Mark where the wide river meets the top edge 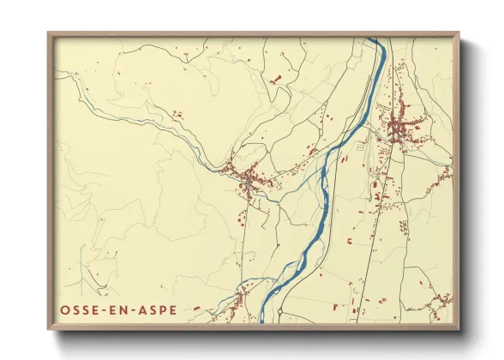click(x=375, y=39)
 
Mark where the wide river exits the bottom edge click(x=263, y=321)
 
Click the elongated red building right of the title click(x=196, y=308)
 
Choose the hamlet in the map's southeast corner click(x=441, y=302)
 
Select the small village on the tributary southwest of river click(x=235, y=299)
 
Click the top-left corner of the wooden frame click(x=49, y=33)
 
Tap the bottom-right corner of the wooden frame click(x=459, y=329)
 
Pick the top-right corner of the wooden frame click(x=459, y=33)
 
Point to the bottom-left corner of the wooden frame click(x=49, y=329)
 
